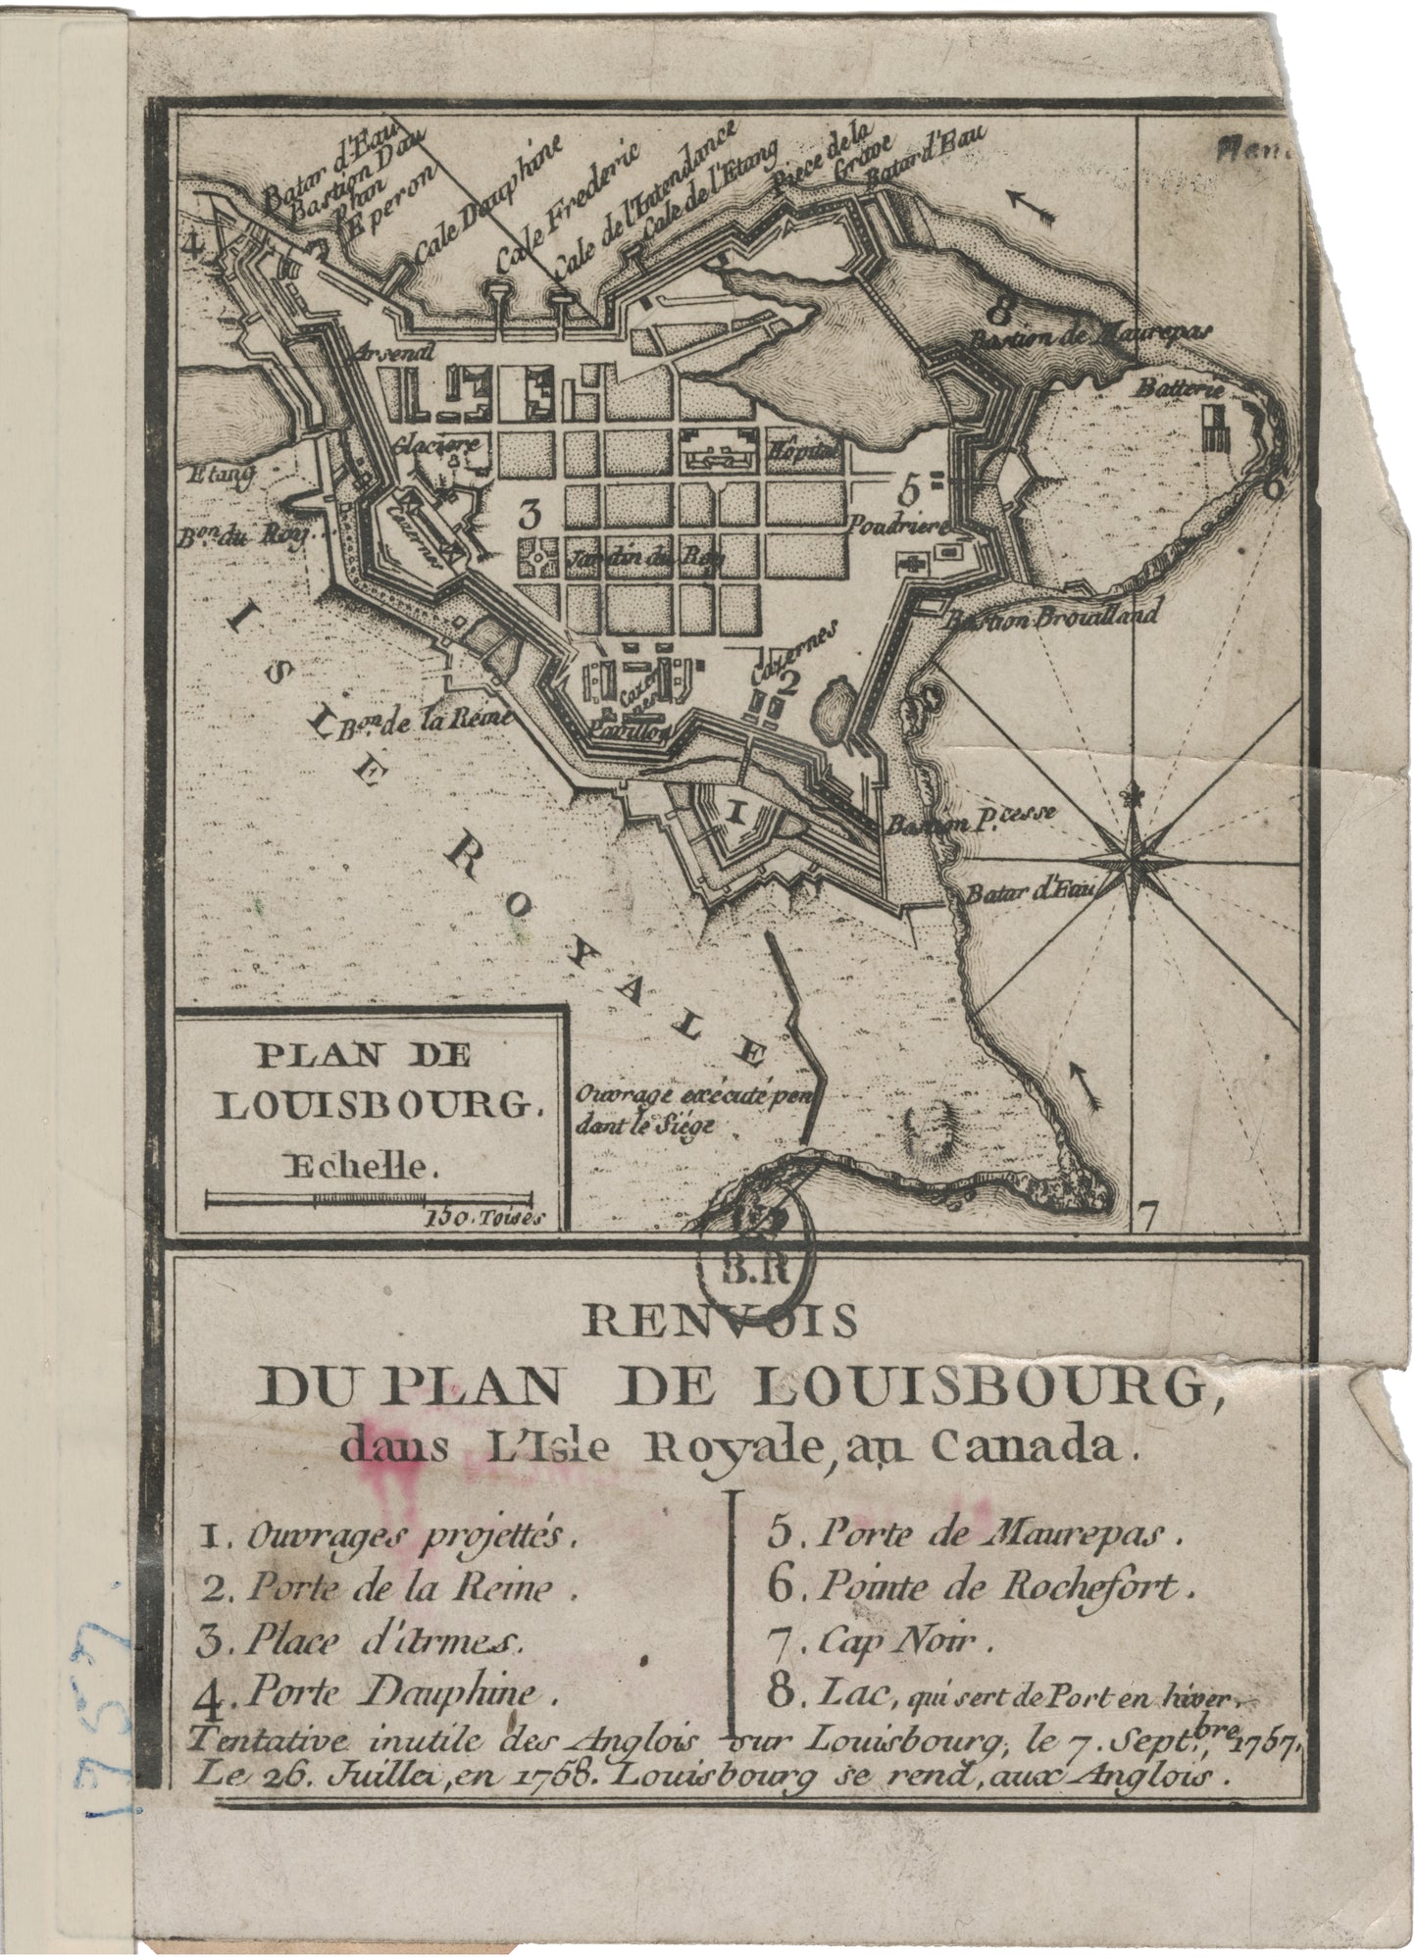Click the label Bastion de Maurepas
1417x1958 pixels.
1091,337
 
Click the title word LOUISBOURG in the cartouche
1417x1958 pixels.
378,1105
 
